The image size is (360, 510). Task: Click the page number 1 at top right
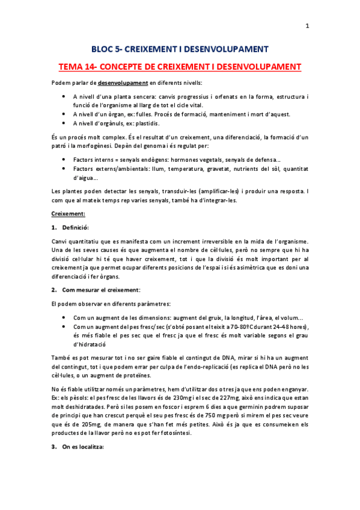[x=308, y=26]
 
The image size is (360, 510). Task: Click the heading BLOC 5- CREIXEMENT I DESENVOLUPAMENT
[x=180, y=49]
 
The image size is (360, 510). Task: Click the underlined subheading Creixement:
[x=69, y=214]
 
